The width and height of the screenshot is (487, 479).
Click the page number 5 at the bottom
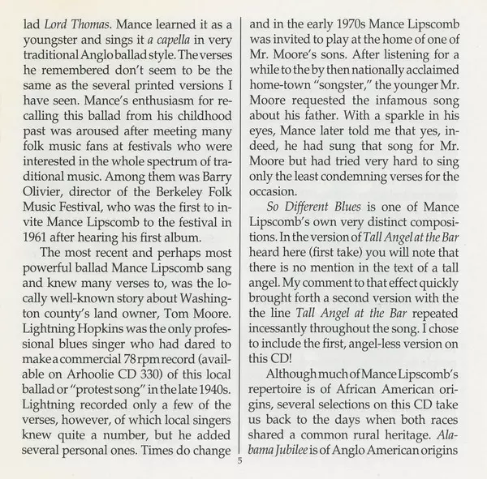click(x=241, y=460)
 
